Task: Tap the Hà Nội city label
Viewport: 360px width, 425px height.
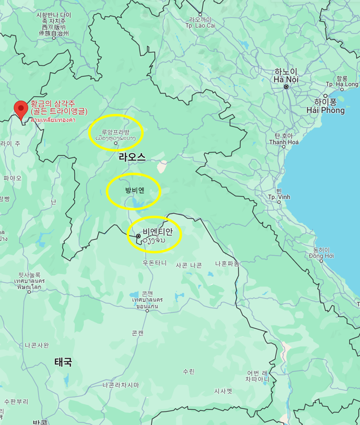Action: [286, 76]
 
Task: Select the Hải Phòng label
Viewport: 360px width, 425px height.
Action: [326, 107]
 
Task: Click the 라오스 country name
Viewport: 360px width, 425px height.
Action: [132, 157]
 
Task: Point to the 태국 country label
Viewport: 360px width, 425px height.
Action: [63, 362]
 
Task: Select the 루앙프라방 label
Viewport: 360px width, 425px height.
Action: [116, 132]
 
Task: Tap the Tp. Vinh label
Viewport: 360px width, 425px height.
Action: [279, 197]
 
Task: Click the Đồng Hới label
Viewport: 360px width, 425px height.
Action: [320, 253]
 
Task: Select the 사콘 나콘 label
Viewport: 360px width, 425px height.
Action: [189, 265]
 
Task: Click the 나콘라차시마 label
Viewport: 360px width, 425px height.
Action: [121, 385]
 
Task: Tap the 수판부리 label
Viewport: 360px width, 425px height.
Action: [16, 401]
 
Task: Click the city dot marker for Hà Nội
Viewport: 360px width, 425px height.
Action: [286, 86]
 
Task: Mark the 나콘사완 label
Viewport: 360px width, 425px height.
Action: [37, 345]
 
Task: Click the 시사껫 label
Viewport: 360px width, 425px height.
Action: [223, 390]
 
